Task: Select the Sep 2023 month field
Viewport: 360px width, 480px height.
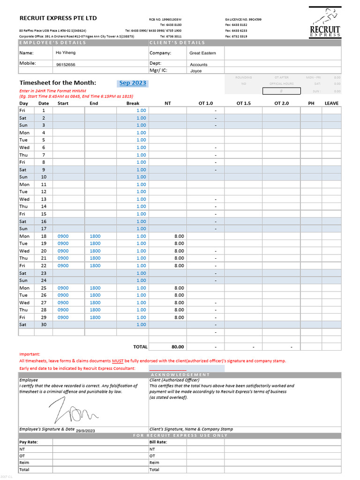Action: coord(133,83)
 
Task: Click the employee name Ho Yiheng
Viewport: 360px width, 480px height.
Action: coord(66,53)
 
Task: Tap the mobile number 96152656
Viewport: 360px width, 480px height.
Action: coord(66,65)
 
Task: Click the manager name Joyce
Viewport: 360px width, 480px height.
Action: coord(196,71)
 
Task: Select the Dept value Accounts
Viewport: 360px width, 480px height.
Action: coord(199,65)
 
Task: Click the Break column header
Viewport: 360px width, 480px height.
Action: coord(133,103)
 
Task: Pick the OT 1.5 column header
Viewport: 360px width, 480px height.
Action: coord(243,103)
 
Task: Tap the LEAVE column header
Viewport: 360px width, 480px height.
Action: coord(331,103)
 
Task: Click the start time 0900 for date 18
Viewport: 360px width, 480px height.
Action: coord(63,236)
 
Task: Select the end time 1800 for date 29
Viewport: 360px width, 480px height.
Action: coord(95,317)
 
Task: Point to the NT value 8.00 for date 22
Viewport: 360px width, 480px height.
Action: coord(179,266)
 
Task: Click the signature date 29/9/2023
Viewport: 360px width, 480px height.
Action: coord(85,430)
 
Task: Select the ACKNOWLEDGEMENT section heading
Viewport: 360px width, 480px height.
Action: coord(186,375)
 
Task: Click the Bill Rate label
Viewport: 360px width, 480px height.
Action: coord(158,442)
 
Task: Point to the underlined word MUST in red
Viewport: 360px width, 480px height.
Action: coord(118,361)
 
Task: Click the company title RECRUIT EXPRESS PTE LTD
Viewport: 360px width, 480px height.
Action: coord(58,18)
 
